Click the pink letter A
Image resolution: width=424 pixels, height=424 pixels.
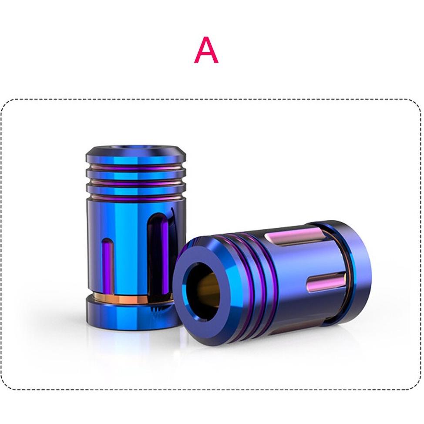(x=206, y=50)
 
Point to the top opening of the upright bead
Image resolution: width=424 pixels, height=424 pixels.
(x=135, y=148)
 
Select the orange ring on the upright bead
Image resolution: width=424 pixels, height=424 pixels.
(x=130, y=300)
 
